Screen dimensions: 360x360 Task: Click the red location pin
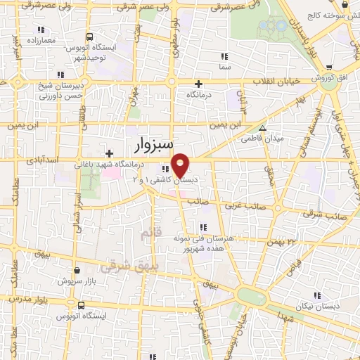pyautogui.click(x=181, y=165)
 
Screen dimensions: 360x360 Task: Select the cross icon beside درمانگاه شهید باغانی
pyautogui.click(x=108, y=153)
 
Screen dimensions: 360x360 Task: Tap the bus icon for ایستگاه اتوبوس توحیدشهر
pyautogui.click(x=89, y=37)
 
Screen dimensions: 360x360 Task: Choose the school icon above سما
pyautogui.click(x=224, y=56)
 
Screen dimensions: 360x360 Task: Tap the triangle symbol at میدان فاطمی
pyautogui.click(x=262, y=128)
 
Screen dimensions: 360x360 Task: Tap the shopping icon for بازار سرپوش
pyautogui.click(x=77, y=270)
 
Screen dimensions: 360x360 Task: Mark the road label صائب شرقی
pyautogui.click(x=332, y=217)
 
